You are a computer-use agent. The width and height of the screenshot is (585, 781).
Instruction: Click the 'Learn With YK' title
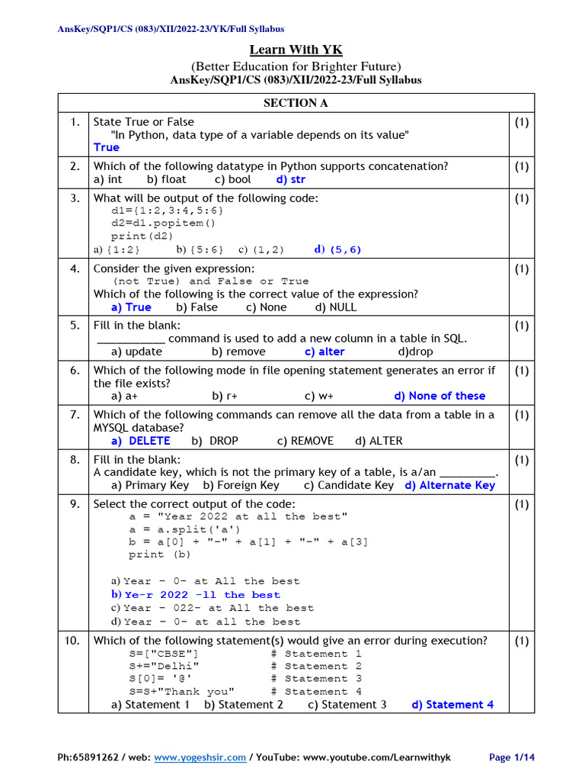pos(296,50)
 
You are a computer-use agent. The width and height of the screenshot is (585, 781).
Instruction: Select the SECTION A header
pos(296,103)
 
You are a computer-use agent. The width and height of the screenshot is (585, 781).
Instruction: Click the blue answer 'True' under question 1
pos(107,147)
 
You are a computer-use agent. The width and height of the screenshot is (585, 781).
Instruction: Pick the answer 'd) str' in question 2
pos(291,180)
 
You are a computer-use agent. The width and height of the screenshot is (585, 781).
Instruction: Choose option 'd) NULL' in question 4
pos(335,307)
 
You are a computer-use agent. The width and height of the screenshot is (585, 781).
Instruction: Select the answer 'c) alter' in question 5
pos(324,352)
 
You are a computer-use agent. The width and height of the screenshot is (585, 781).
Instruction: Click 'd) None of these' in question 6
pos(440,396)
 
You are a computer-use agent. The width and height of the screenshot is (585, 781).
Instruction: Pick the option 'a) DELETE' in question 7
pos(140,441)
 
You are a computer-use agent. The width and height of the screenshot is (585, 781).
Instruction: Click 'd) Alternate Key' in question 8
pos(449,485)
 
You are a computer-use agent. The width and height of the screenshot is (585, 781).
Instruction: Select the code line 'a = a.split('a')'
pos(184,529)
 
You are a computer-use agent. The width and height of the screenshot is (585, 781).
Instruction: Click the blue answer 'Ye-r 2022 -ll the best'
pos(202,595)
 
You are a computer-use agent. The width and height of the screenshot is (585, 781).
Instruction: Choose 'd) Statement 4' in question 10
pos(452,705)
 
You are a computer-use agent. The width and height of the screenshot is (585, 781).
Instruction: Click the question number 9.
pos(73,504)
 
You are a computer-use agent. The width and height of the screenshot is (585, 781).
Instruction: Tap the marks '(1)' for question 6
pos(521,371)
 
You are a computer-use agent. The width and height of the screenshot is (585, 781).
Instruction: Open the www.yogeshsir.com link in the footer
pos(200,757)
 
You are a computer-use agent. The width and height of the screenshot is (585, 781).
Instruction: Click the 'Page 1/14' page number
pos(512,757)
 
